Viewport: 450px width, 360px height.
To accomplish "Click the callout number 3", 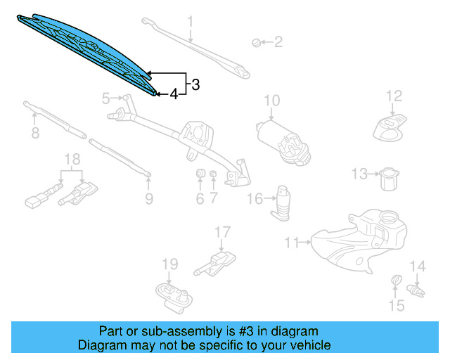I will [195, 85].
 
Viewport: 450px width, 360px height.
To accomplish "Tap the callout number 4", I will [173, 94].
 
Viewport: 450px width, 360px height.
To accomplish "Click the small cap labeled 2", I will [257, 43].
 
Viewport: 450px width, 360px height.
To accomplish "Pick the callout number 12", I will [394, 96].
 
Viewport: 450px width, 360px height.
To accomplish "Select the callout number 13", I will [359, 173].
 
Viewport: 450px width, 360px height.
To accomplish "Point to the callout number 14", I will [418, 266].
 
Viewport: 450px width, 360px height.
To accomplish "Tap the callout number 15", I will [397, 305].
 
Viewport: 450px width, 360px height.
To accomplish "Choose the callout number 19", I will [170, 264].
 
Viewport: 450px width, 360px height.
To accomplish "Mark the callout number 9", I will [149, 199].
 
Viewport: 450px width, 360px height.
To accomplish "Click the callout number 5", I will [106, 98].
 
